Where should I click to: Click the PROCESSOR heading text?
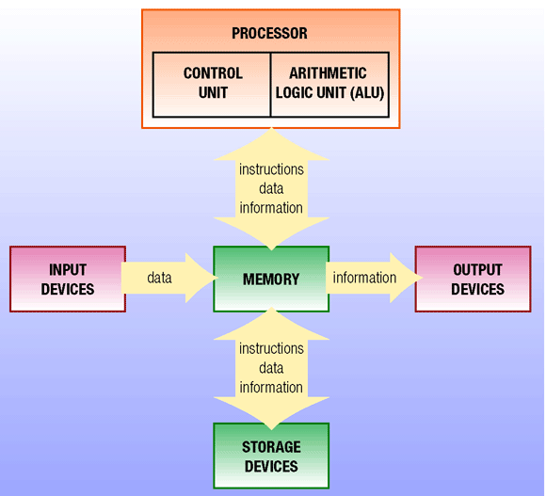click(270, 34)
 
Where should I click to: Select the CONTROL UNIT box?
click(212, 84)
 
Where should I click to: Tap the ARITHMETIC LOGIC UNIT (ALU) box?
click(329, 84)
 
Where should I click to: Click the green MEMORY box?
click(271, 279)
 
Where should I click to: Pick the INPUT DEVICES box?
click(66, 279)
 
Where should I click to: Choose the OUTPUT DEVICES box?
click(477, 279)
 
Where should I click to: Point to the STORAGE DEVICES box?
click(271, 456)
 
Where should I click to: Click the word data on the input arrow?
click(159, 279)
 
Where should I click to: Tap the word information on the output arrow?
click(364, 278)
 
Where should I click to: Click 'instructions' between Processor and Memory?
click(271, 170)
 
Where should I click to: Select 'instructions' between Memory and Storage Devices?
click(271, 348)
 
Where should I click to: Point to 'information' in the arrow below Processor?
click(271, 208)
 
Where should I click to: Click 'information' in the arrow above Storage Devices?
click(271, 387)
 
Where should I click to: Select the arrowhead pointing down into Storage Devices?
click(271, 414)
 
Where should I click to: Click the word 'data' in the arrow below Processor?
click(271, 189)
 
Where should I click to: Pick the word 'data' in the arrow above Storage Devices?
click(271, 368)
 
